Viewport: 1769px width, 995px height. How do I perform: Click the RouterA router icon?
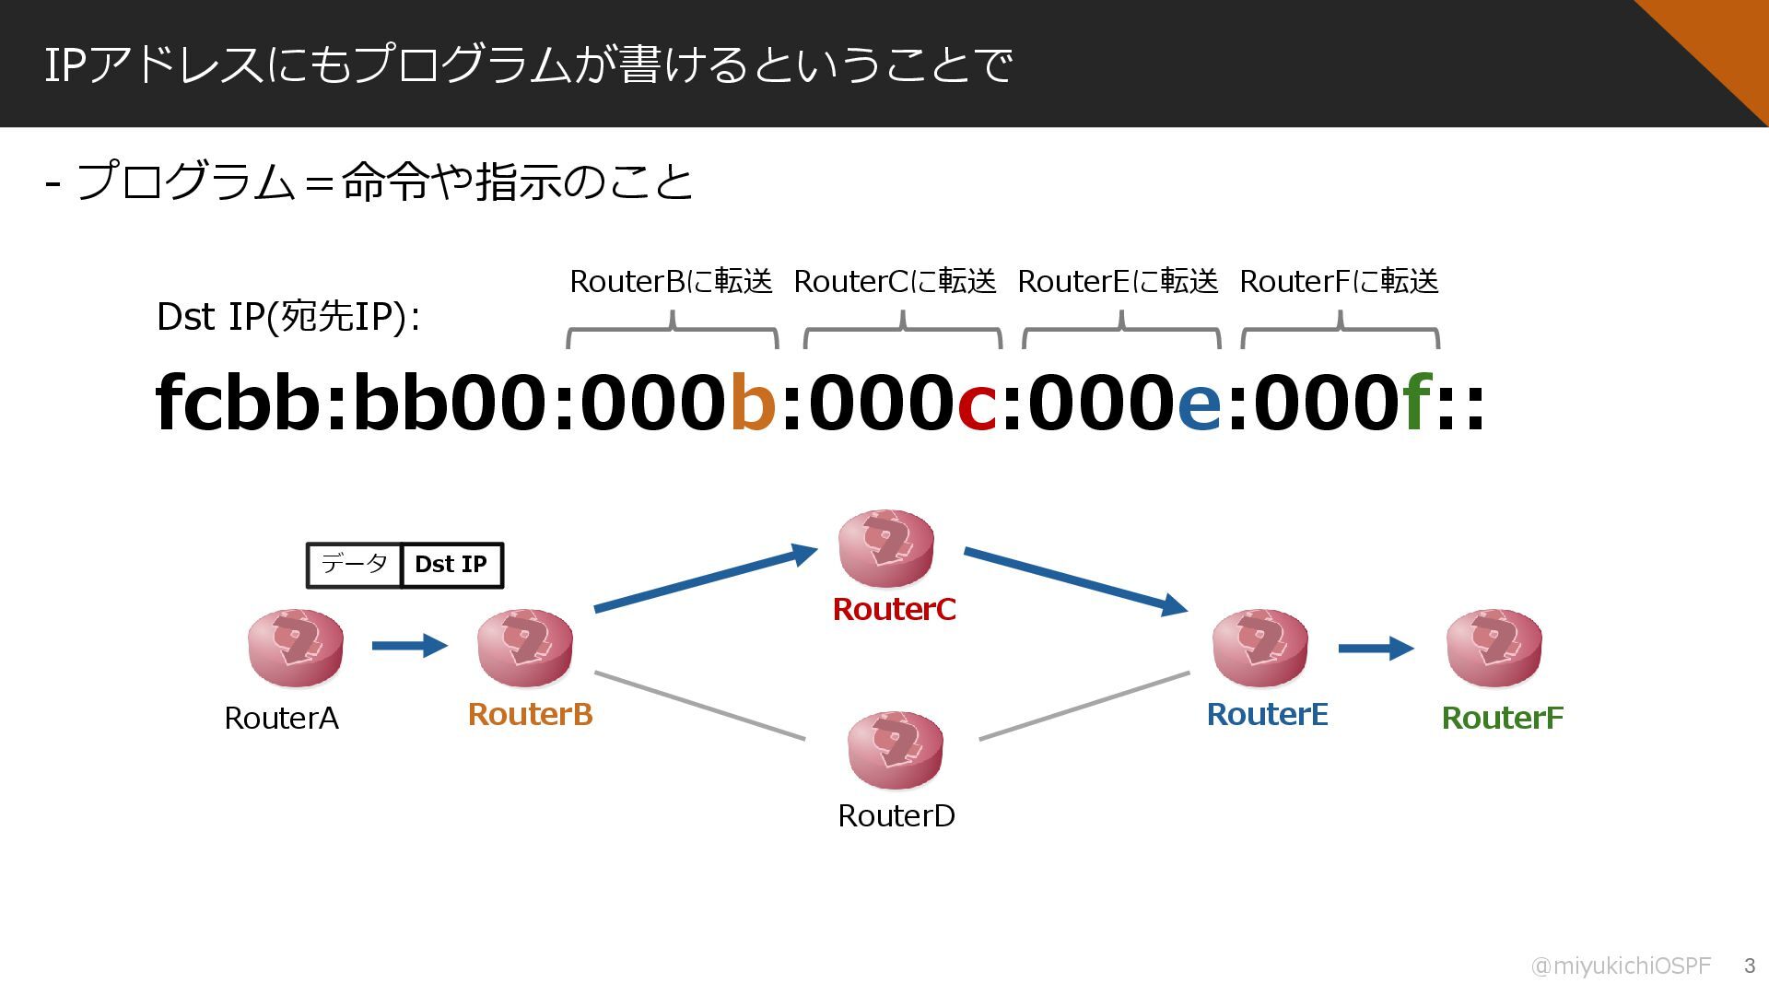click(295, 647)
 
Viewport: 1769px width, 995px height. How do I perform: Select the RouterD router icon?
click(895, 749)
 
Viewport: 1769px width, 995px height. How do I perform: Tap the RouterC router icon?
click(885, 547)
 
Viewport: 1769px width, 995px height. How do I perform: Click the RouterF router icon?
click(1494, 647)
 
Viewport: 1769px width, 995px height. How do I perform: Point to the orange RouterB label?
click(530, 714)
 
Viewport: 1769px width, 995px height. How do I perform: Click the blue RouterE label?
click(1267, 714)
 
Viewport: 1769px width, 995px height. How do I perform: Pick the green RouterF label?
click(1502, 718)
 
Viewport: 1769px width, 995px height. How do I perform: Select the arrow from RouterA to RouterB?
click(409, 645)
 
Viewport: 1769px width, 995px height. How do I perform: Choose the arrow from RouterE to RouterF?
click(1375, 649)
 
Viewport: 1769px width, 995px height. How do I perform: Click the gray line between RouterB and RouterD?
click(700, 706)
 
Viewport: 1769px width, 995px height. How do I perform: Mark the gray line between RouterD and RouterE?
click(1084, 706)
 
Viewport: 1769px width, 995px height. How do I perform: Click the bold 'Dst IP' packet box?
click(451, 565)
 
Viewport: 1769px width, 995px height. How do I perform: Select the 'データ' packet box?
click(355, 565)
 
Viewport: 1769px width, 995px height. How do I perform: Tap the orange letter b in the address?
click(753, 403)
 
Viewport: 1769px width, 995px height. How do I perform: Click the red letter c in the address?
click(977, 403)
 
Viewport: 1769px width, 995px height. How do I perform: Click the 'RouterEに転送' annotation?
click(1118, 281)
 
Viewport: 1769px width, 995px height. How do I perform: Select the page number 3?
click(1749, 966)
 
